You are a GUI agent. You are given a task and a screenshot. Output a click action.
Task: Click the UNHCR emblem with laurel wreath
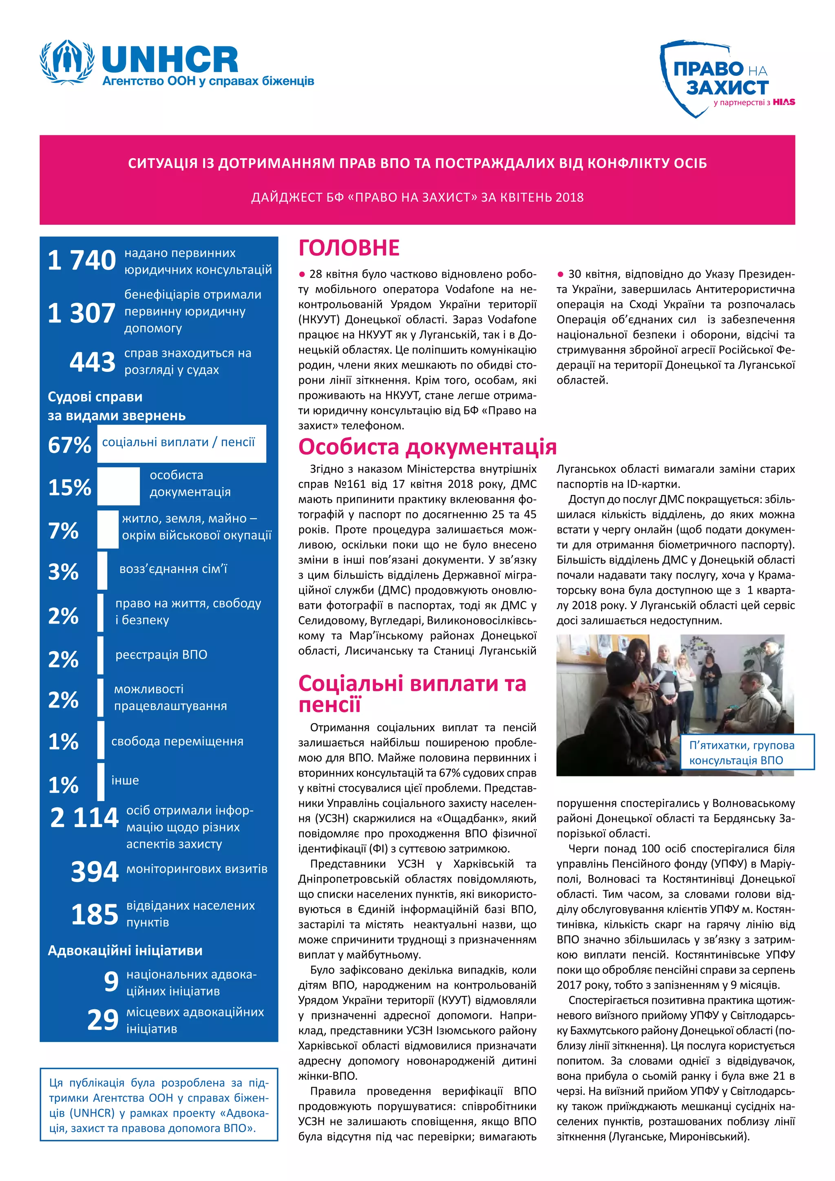pyautogui.click(x=67, y=61)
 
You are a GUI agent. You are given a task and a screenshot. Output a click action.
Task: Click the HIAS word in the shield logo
pyautogui.click(x=784, y=102)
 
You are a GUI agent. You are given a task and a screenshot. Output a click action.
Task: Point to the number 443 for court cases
pyautogui.click(x=93, y=362)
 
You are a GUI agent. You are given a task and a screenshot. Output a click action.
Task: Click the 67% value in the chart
pyautogui.click(x=69, y=445)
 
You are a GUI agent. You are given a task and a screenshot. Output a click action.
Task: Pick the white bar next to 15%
pyautogui.click(x=118, y=486)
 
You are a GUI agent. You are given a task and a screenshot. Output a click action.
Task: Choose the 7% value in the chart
pyautogui.click(x=63, y=530)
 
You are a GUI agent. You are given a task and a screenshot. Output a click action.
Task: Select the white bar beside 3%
pyautogui.click(x=102, y=571)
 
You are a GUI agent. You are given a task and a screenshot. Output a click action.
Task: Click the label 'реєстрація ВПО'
pyautogui.click(x=161, y=655)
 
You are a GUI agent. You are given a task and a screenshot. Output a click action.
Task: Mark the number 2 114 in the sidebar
pyautogui.click(x=84, y=817)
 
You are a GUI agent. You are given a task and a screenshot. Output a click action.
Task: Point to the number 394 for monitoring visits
pyautogui.click(x=95, y=871)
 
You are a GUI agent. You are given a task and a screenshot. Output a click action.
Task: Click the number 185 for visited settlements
pyautogui.click(x=95, y=915)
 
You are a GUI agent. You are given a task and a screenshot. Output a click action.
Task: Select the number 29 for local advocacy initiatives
pyautogui.click(x=103, y=1020)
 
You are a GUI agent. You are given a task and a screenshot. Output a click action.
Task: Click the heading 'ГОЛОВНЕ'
pyautogui.click(x=349, y=248)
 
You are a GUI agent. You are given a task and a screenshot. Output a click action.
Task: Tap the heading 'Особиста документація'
pyautogui.click(x=427, y=447)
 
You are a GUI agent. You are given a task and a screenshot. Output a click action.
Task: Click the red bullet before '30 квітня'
pyautogui.click(x=561, y=274)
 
